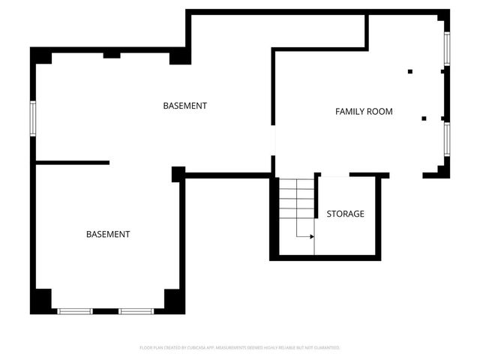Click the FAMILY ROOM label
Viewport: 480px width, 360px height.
(x=364, y=112)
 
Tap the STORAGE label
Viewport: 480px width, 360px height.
(x=345, y=214)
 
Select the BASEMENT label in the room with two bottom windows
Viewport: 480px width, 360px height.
(x=108, y=235)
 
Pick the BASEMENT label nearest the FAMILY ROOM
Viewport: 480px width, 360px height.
(x=184, y=106)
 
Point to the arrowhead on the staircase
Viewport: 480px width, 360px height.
(x=310, y=236)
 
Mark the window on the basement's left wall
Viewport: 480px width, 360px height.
(x=33, y=118)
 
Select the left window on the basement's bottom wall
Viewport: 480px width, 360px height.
(x=75, y=310)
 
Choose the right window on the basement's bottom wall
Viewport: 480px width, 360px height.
(x=136, y=310)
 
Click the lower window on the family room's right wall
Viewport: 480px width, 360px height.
(x=447, y=139)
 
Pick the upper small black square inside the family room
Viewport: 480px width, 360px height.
(x=410, y=71)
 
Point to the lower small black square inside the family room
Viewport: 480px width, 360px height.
(x=424, y=118)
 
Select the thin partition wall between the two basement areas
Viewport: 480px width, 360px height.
(x=73, y=162)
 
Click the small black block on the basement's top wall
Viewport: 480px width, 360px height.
(x=112, y=54)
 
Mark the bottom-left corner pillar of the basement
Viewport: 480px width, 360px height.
(x=40, y=301)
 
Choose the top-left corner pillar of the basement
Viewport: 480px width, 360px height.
(x=40, y=57)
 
